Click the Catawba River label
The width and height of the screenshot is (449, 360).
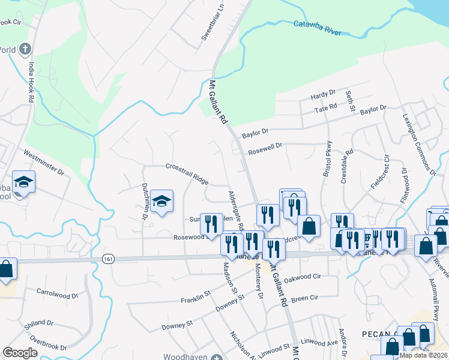click(318, 25)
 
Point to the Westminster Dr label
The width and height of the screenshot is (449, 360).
click(44, 162)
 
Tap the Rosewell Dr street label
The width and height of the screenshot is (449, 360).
click(265, 148)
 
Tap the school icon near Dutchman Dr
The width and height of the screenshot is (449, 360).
click(161, 202)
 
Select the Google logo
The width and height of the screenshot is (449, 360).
click(20, 352)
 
